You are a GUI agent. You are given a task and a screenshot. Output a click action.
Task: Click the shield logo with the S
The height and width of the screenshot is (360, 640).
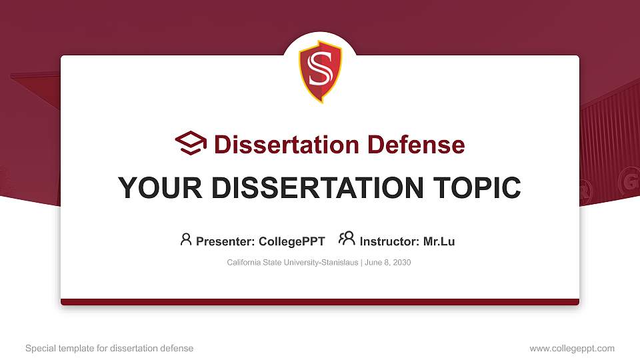[320, 73]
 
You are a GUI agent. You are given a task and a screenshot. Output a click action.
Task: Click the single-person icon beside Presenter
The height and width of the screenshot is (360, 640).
[186, 239]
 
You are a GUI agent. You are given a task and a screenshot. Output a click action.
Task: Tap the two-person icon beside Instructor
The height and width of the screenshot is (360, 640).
[347, 239]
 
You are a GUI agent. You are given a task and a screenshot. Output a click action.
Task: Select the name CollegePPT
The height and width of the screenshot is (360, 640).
[291, 241]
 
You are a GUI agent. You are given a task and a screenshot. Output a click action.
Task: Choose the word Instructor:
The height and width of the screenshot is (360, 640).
[389, 241]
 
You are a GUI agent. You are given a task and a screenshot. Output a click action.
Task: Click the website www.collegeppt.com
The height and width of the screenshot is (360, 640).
[572, 348]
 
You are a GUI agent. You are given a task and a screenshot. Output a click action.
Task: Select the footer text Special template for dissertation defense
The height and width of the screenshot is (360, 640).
[109, 348]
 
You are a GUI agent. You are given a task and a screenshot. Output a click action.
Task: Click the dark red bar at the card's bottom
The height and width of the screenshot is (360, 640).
[320, 302]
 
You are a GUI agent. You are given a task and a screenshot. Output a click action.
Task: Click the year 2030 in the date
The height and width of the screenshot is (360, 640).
[401, 263]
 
